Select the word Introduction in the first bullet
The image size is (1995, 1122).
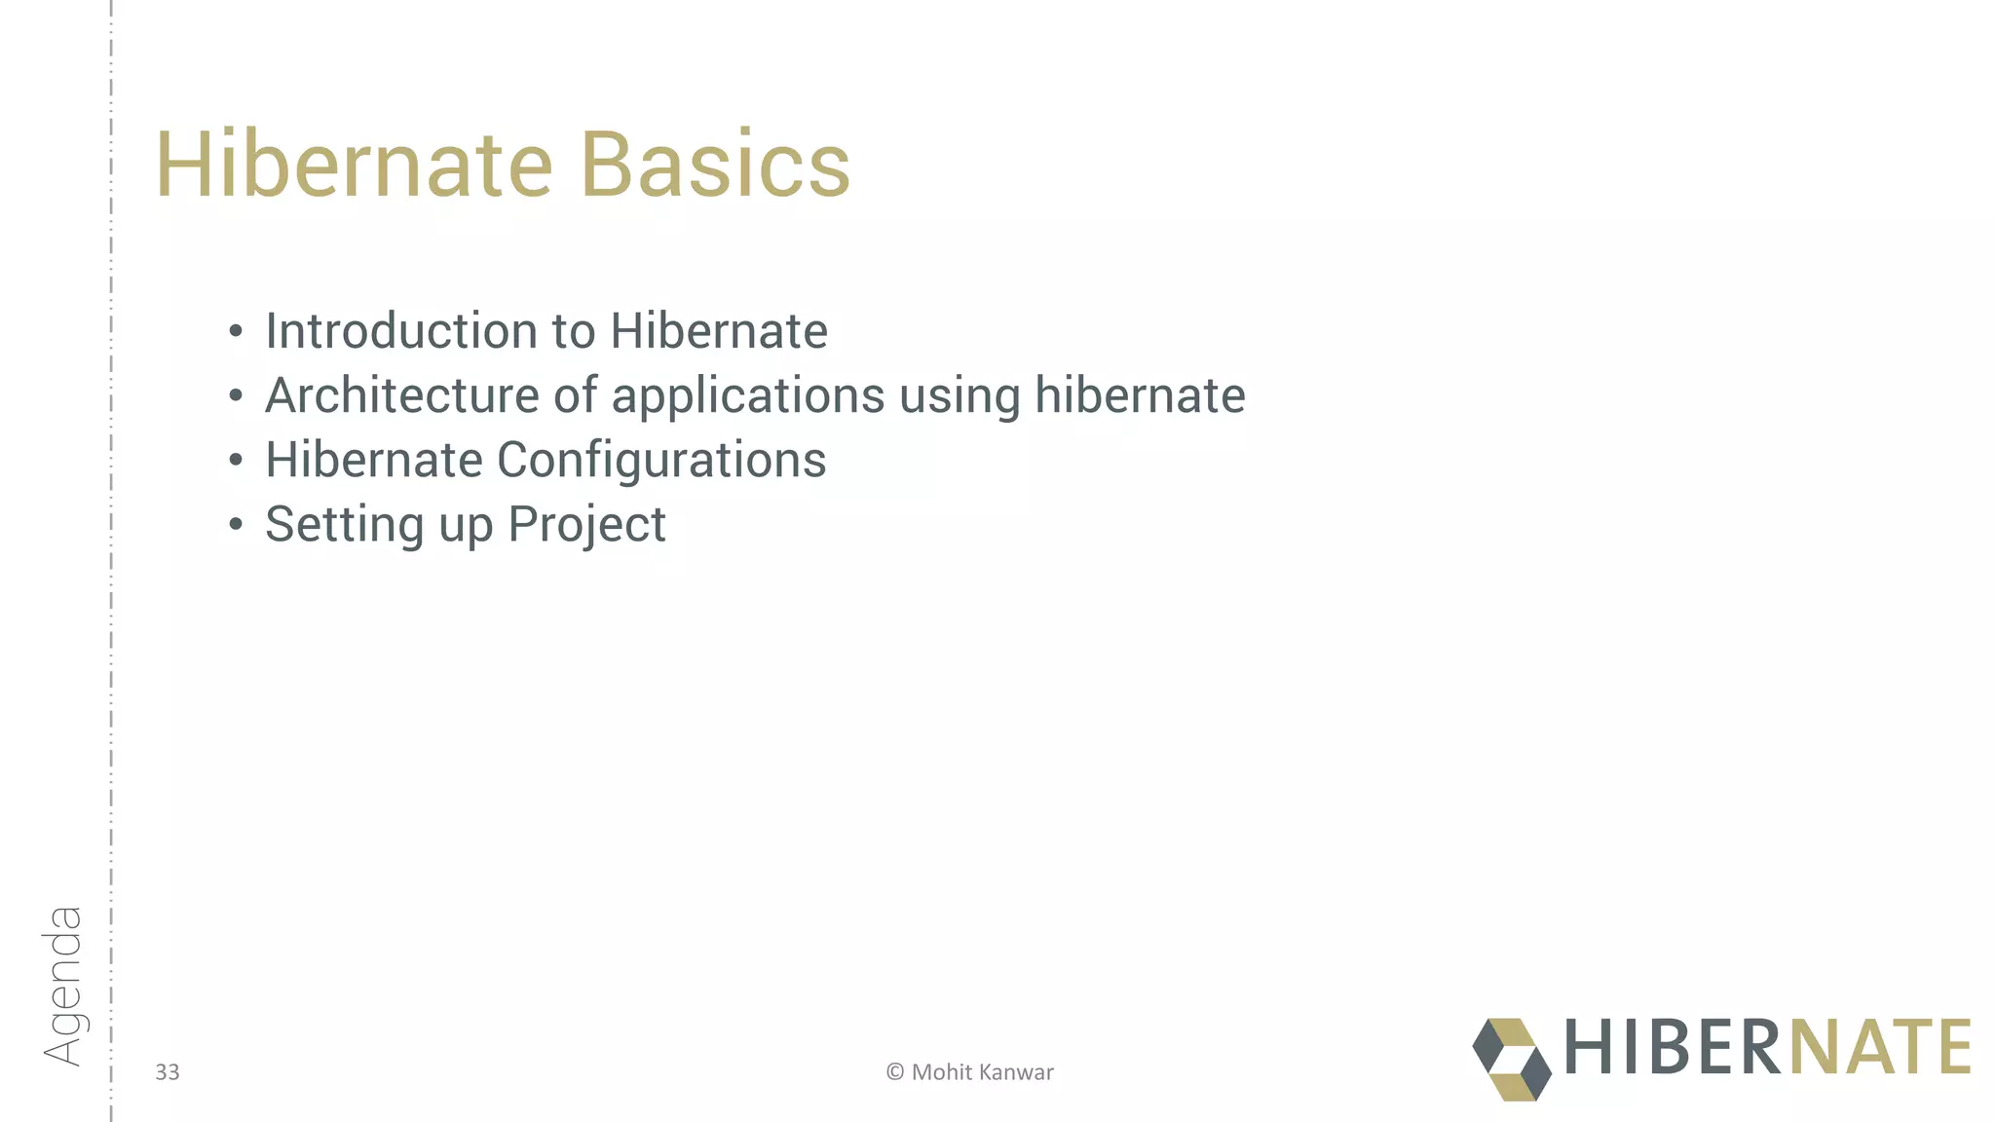click(401, 331)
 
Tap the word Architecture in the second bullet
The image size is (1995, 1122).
click(401, 395)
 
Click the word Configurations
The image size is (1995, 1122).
click(661, 460)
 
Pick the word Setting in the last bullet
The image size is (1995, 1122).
click(344, 526)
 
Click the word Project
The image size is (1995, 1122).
click(586, 526)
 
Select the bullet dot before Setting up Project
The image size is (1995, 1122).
click(235, 526)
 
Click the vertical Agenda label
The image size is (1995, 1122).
click(62, 985)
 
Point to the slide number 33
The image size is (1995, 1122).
click(168, 1072)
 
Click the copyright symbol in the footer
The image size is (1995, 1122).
click(894, 1072)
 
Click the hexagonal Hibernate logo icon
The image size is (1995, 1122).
click(1511, 1060)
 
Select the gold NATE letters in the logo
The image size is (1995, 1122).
click(1880, 1047)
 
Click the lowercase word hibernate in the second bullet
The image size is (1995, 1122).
click(1140, 395)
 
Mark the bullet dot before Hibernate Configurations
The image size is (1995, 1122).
click(235, 461)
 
